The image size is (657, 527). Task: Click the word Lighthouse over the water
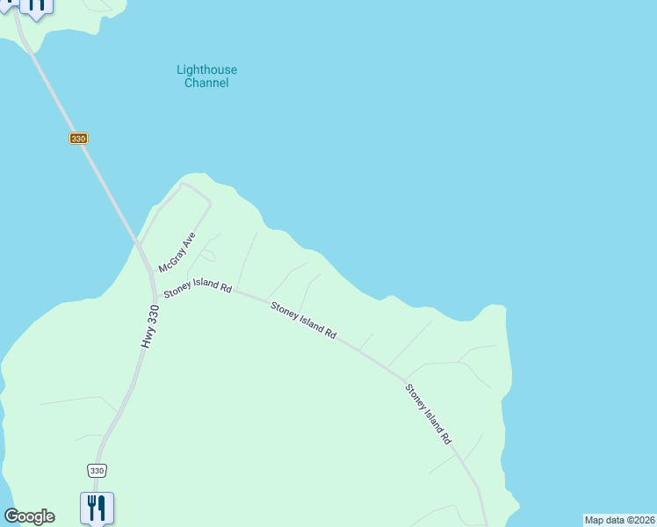(206, 70)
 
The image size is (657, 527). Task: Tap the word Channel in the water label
(206, 83)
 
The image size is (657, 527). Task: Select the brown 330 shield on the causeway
(79, 139)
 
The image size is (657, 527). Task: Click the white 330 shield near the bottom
(97, 471)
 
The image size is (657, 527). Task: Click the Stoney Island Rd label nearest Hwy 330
(197, 287)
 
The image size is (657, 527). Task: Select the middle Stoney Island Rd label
(303, 321)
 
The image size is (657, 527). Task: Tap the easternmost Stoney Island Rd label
(428, 414)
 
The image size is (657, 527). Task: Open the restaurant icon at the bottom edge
(97, 507)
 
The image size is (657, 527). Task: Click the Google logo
(29, 516)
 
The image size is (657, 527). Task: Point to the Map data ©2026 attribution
(619, 520)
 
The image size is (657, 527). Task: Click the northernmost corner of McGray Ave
(183, 184)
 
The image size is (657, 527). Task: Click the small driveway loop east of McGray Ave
(207, 256)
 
